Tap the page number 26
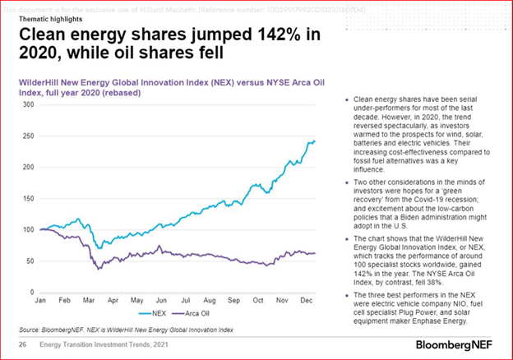(x=22, y=344)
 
